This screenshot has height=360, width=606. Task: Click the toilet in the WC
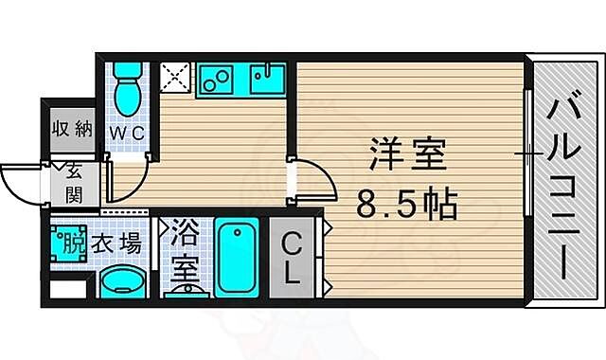[x=127, y=87]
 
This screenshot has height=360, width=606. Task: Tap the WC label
[x=126, y=134]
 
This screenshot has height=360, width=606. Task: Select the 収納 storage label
[x=72, y=129]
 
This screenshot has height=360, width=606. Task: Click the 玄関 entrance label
[x=74, y=184]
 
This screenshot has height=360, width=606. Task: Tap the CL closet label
[x=294, y=258]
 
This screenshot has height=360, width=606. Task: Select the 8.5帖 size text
[x=407, y=202]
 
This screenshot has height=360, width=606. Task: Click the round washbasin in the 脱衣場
[x=122, y=281]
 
